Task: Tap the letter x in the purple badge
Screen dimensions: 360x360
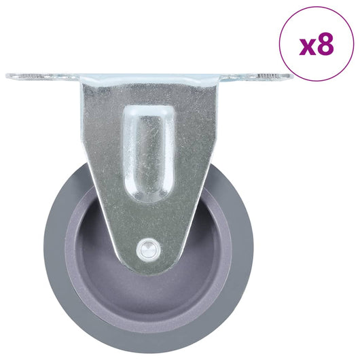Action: (x=307, y=46)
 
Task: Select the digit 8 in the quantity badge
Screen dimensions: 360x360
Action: (x=325, y=45)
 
